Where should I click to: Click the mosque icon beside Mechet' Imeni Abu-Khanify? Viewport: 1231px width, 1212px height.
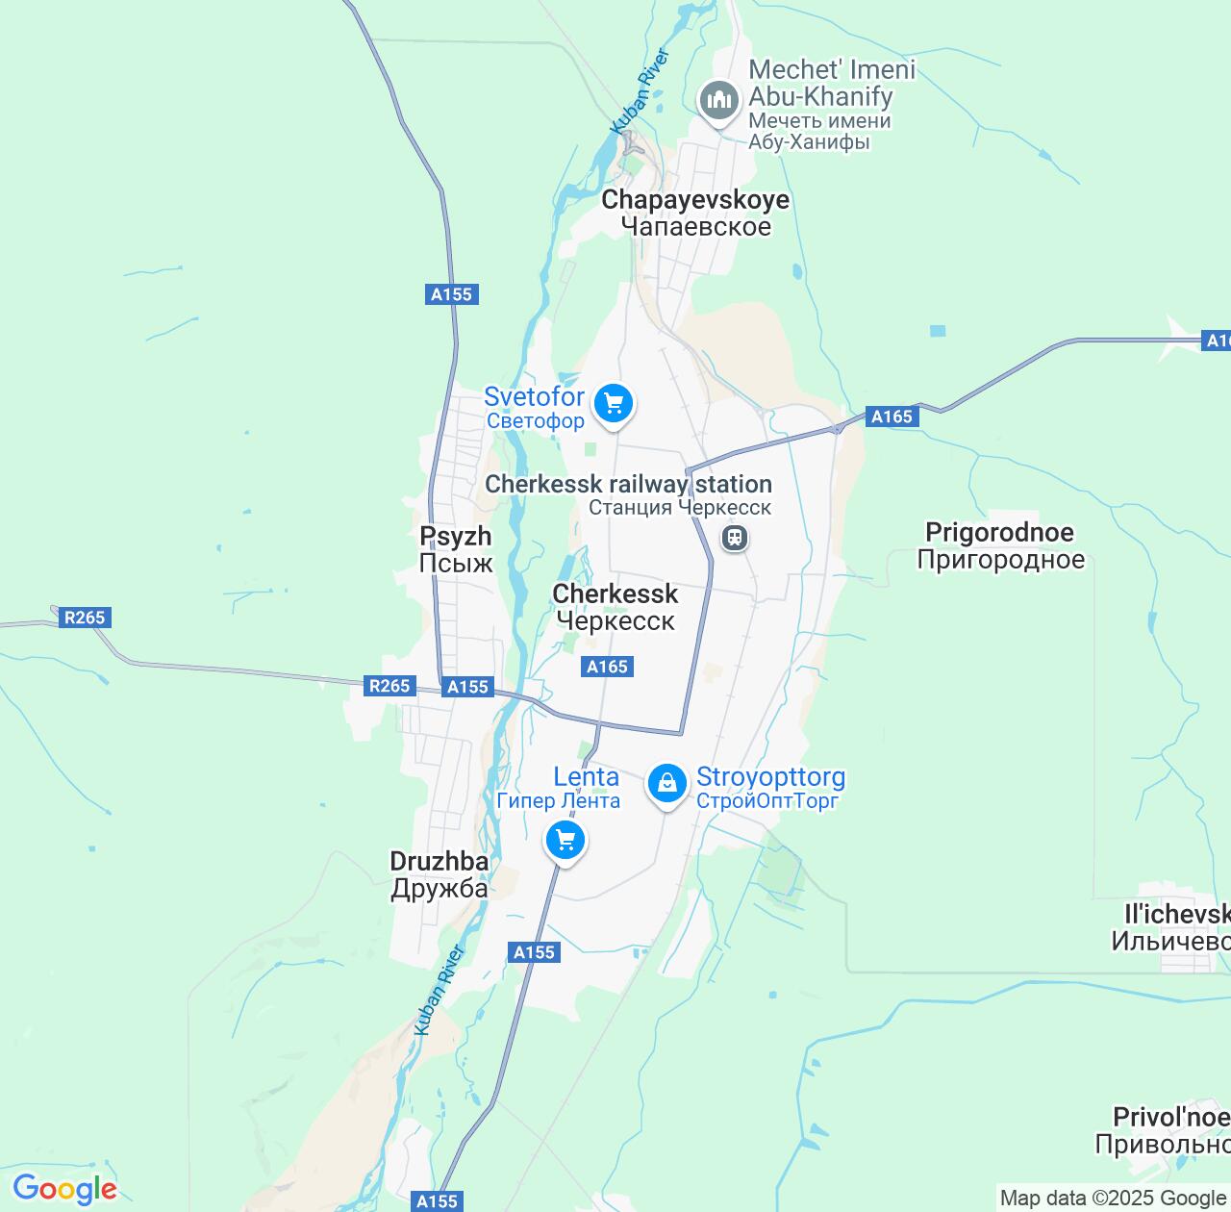[x=717, y=100]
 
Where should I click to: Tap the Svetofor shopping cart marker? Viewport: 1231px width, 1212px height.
[x=613, y=404]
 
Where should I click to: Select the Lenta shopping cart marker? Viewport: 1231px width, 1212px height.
[x=565, y=842]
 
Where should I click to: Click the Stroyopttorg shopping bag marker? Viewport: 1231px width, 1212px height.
[x=666, y=784]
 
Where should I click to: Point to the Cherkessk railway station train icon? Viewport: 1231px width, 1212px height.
[x=735, y=537]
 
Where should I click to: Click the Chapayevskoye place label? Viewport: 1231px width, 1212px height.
[x=695, y=213]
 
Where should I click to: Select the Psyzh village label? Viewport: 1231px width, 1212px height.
[x=456, y=549]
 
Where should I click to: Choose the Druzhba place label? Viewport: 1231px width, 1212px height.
[x=440, y=874]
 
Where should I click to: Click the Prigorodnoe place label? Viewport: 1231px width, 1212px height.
[x=1000, y=545]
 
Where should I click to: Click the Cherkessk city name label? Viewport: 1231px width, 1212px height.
[x=615, y=607]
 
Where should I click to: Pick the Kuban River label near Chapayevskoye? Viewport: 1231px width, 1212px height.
[x=640, y=91]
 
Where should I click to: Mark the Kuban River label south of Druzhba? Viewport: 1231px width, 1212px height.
[x=440, y=990]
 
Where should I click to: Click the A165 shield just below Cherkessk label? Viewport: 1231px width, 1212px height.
[x=608, y=667]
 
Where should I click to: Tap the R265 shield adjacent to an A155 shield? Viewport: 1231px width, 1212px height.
[x=389, y=686]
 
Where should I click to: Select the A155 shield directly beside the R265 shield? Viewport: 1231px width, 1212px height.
[x=468, y=687]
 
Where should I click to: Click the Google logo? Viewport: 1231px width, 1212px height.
[x=64, y=1189]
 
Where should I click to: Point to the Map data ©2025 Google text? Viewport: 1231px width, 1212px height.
[x=1113, y=1199]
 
